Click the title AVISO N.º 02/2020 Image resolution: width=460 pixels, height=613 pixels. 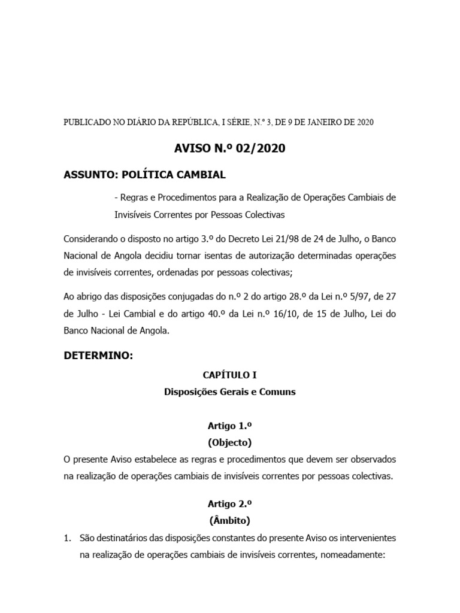(x=229, y=148)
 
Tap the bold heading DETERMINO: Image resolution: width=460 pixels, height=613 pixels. (x=98, y=355)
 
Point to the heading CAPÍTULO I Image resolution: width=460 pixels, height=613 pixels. (x=229, y=375)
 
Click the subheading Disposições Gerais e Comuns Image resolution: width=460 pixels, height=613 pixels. (x=229, y=393)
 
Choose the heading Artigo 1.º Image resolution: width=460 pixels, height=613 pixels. (x=229, y=426)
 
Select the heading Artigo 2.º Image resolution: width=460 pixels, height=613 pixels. (x=229, y=503)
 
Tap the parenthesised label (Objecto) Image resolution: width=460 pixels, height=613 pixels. (x=229, y=443)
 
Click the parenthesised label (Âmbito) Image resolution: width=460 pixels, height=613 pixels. (x=229, y=520)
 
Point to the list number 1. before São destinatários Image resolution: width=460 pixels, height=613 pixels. (x=68, y=538)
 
